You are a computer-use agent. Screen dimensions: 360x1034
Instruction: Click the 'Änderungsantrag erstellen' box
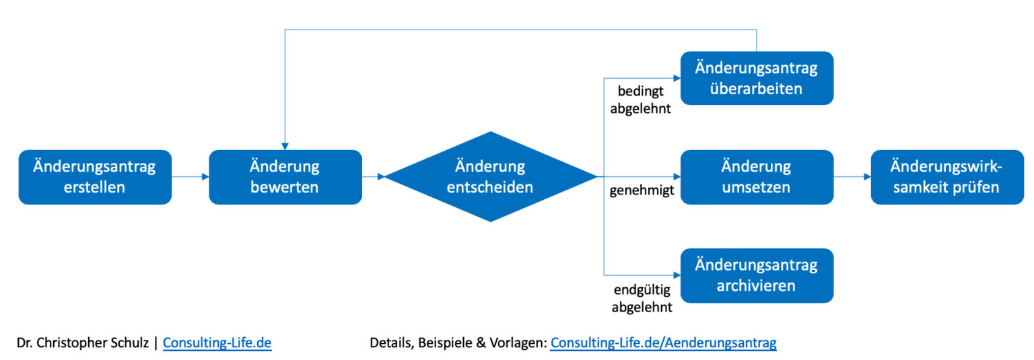pyautogui.click(x=95, y=177)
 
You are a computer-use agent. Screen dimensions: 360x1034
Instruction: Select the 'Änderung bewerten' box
pyautogui.click(x=285, y=177)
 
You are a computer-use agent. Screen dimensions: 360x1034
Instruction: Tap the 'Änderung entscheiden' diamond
pyautogui.click(x=490, y=177)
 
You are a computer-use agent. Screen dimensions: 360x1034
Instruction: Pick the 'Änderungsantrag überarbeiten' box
pyautogui.click(x=757, y=78)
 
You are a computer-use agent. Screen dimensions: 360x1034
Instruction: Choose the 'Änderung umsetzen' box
pyautogui.click(x=757, y=177)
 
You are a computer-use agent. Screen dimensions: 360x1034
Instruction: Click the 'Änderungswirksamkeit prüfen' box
pyautogui.click(x=946, y=177)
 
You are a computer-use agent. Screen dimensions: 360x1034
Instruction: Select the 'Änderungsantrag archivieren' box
pyautogui.click(x=757, y=275)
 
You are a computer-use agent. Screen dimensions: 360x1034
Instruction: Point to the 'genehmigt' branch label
pyautogui.click(x=642, y=192)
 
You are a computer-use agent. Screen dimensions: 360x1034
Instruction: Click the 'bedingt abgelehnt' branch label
pyautogui.click(x=641, y=99)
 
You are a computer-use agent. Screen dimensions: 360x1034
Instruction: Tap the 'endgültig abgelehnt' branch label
pyautogui.click(x=642, y=299)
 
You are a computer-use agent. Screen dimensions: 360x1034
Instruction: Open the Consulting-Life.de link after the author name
pyautogui.click(x=217, y=343)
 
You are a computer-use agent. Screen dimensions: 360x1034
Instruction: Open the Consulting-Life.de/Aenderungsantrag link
pyautogui.click(x=663, y=343)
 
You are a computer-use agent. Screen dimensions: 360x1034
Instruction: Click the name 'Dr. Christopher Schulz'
pyautogui.click(x=83, y=343)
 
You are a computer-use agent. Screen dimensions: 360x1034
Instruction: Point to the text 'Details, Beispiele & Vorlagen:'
pyautogui.click(x=458, y=343)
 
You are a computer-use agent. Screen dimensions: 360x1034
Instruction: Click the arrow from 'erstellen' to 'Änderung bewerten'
pyautogui.click(x=190, y=177)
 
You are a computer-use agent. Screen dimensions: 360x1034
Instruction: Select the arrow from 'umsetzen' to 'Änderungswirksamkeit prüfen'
pyautogui.click(x=852, y=177)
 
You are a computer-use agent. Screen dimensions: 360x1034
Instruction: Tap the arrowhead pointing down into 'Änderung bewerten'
pyautogui.click(x=285, y=146)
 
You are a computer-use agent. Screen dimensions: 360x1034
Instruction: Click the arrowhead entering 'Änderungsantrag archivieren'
pyautogui.click(x=676, y=275)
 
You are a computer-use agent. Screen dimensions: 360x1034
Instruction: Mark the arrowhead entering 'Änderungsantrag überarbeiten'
pyautogui.click(x=676, y=78)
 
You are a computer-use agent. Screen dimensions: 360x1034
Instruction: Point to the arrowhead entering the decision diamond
pyautogui.click(x=380, y=177)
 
